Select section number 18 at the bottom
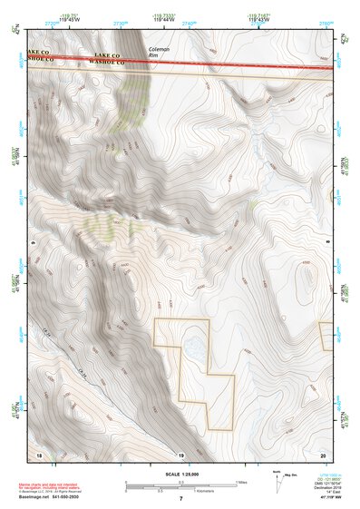point(39,453)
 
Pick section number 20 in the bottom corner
point(325,453)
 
